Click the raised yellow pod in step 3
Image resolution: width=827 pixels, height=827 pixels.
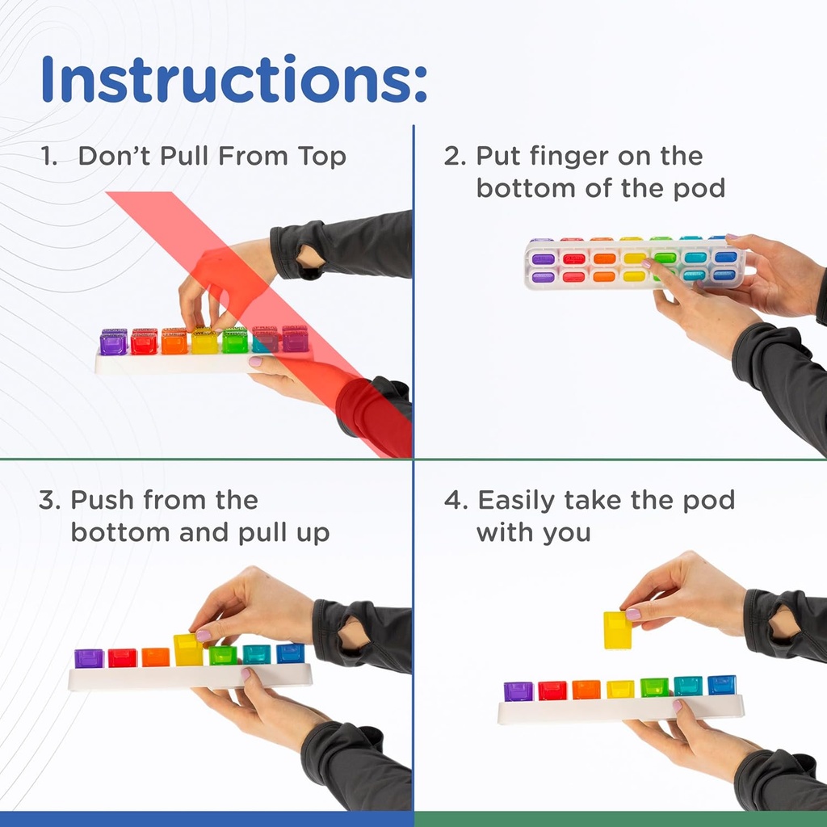pos(188,650)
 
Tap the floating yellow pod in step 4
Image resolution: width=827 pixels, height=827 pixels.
pos(618,630)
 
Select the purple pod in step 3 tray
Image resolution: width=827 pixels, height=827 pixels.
pos(89,658)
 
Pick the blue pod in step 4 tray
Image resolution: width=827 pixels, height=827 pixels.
pos(722,686)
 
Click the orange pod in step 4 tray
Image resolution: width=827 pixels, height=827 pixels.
pos(586,690)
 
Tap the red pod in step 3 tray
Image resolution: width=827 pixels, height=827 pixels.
pos(122,658)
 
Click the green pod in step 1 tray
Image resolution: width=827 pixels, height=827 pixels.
pos(235,342)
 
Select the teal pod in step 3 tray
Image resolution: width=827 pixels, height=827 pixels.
pos(257,655)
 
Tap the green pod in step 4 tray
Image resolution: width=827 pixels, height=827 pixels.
pos(654,688)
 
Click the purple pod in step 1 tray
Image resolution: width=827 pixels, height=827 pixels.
pos(113,343)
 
